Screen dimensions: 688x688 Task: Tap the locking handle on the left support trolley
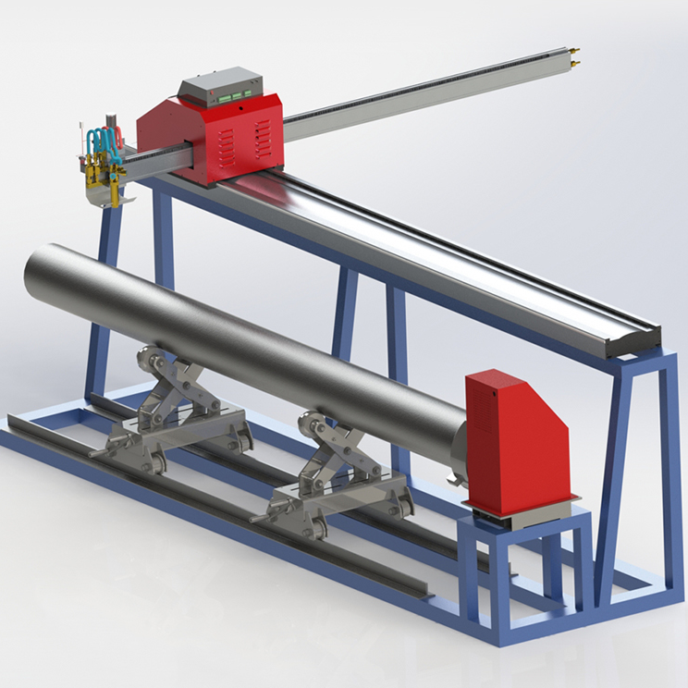pos(98,454)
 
